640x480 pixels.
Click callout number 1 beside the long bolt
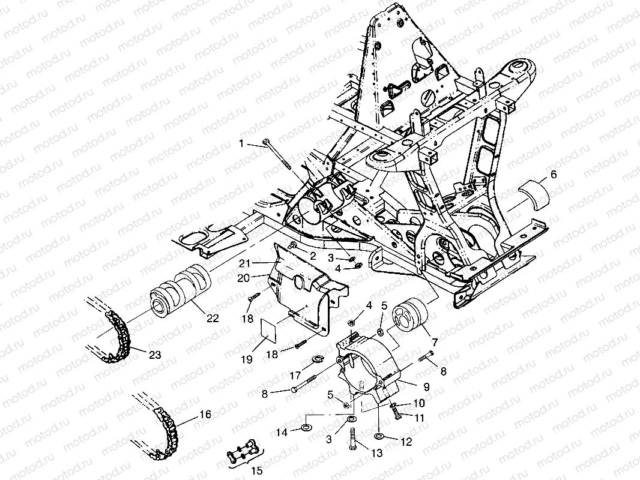[241, 143]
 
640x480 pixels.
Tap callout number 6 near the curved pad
[554, 175]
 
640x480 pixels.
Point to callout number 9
[426, 386]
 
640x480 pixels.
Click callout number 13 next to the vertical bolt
[376, 452]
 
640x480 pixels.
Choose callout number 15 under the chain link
[257, 470]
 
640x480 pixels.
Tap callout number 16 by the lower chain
[205, 415]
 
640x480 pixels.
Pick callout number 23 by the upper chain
[155, 355]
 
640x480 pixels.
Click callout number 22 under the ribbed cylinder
[213, 317]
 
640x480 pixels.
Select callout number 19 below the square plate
[247, 359]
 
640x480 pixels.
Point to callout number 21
[244, 263]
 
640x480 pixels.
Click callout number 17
[295, 375]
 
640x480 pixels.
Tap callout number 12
[406, 442]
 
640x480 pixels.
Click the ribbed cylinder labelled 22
[180, 290]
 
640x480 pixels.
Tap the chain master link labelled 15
[243, 451]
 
